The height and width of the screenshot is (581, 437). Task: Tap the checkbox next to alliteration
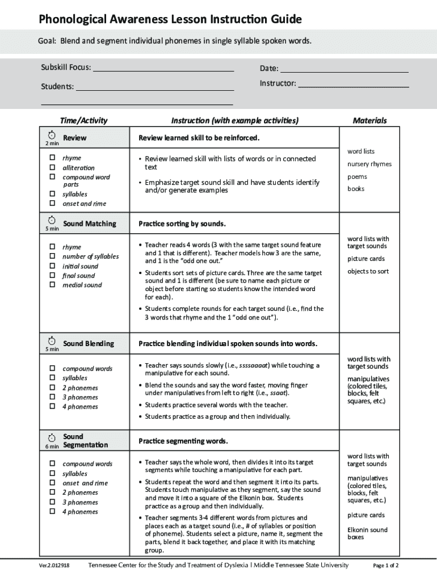tap(52, 167)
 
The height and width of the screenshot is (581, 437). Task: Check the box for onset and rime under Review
tap(52, 203)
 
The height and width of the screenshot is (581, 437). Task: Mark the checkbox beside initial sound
tap(52, 266)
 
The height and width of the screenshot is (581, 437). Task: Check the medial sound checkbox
tap(52, 285)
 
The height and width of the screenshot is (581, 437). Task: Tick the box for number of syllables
tap(52, 256)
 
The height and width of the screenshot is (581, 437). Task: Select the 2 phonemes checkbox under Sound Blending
tap(52, 388)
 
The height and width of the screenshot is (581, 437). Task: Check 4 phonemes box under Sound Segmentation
tap(52, 511)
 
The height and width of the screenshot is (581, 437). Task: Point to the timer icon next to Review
tap(52, 135)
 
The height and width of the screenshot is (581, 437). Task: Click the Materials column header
tap(369, 120)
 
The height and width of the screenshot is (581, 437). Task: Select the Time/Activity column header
tap(83, 120)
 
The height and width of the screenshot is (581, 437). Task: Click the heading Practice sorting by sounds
tap(182, 224)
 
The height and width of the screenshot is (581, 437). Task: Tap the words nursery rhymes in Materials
tap(369, 164)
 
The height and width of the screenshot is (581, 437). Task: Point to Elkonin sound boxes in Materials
tap(367, 533)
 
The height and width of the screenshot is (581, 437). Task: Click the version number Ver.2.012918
tap(54, 566)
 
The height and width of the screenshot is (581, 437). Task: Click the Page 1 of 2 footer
tap(385, 566)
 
